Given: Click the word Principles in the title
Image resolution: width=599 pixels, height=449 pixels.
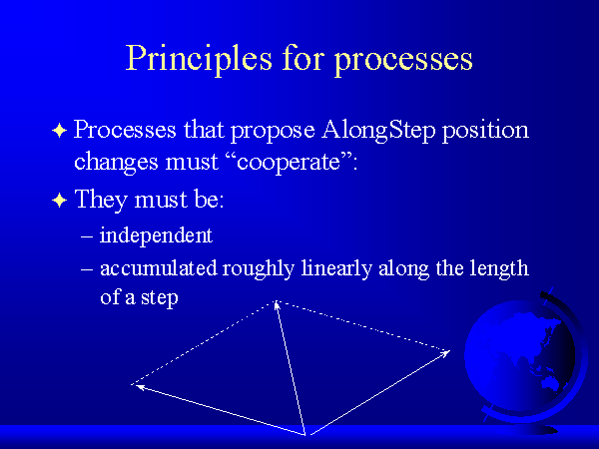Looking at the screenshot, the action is pyautogui.click(x=199, y=59).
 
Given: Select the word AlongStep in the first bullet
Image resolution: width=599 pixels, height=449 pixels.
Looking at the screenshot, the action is pyautogui.click(x=378, y=131).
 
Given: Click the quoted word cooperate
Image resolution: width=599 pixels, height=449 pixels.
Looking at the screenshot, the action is pyautogui.click(x=289, y=163).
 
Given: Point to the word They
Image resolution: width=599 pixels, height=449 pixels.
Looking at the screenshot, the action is pyautogui.click(x=101, y=200).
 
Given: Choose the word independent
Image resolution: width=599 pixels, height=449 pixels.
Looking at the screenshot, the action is pyautogui.click(x=156, y=235).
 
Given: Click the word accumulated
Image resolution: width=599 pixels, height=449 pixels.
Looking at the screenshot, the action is pyautogui.click(x=159, y=267).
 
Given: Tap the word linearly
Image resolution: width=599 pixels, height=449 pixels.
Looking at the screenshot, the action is pyautogui.click(x=336, y=268).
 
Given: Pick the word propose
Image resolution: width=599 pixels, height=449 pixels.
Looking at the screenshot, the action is pyautogui.click(x=273, y=132).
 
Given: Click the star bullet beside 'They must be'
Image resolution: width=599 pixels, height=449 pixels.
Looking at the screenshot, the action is pyautogui.click(x=60, y=200).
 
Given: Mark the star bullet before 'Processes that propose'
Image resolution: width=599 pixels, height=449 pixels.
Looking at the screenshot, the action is pyautogui.click(x=60, y=131).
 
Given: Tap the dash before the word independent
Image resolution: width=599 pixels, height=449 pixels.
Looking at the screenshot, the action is pyautogui.click(x=87, y=236).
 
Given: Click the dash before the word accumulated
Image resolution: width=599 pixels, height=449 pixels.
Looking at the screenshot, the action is pyautogui.click(x=87, y=268).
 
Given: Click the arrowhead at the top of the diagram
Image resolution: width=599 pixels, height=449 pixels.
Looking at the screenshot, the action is pyautogui.click(x=277, y=305).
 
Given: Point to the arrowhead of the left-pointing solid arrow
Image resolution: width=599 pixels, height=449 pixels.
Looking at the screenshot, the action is pyautogui.click(x=140, y=387).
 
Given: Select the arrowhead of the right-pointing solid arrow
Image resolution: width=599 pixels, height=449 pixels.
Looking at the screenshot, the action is pyautogui.click(x=445, y=353).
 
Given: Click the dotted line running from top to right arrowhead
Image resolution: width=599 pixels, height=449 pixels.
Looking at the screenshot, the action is pyautogui.click(x=363, y=325).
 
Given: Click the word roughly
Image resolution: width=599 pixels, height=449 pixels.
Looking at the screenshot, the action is pyautogui.click(x=259, y=268).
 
